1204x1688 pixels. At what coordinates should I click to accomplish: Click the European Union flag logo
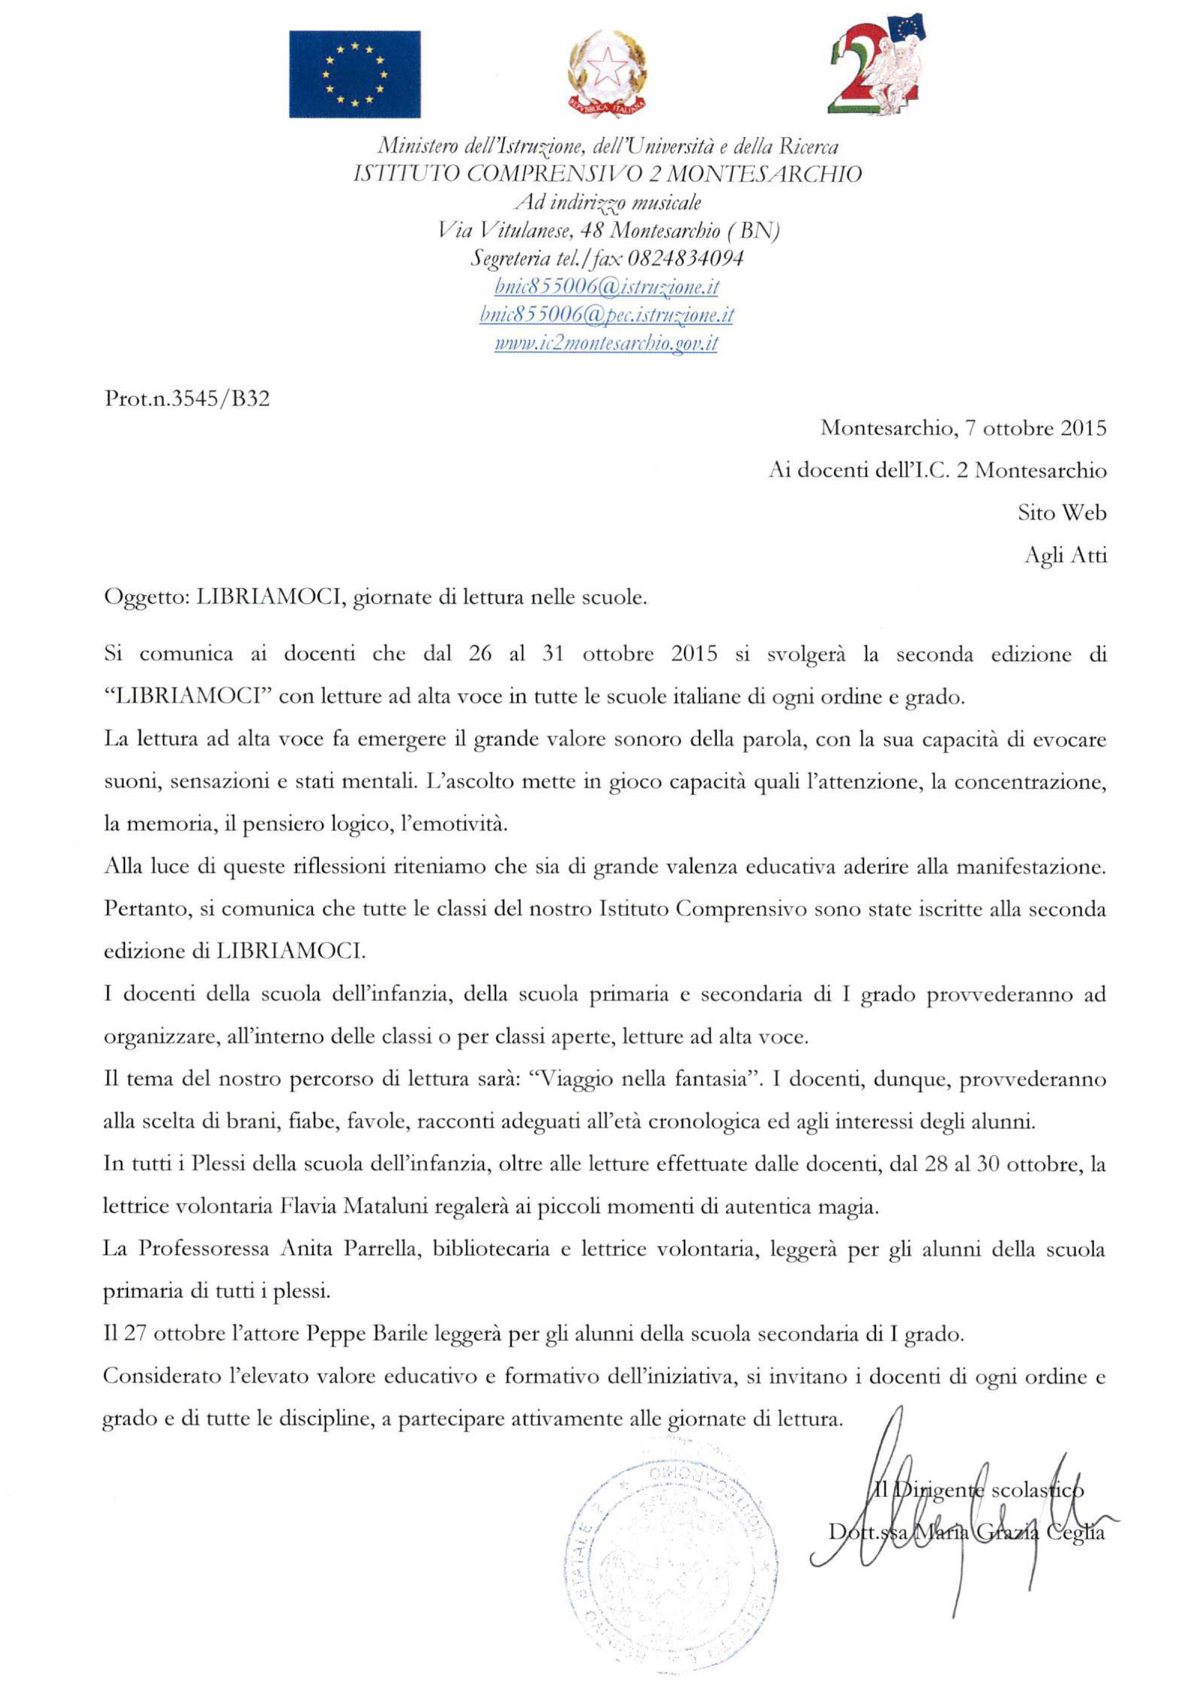(x=354, y=74)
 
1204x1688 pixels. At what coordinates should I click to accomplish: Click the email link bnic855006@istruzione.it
(x=606, y=286)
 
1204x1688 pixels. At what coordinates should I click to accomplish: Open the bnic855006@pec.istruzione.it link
(x=606, y=314)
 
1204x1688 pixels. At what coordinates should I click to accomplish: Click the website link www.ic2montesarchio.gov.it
(x=606, y=343)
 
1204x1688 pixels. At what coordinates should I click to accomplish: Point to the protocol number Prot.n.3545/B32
(x=187, y=399)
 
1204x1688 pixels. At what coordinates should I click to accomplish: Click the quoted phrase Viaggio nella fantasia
(x=642, y=1079)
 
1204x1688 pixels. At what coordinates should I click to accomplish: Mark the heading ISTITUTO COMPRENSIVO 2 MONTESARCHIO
(x=606, y=174)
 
